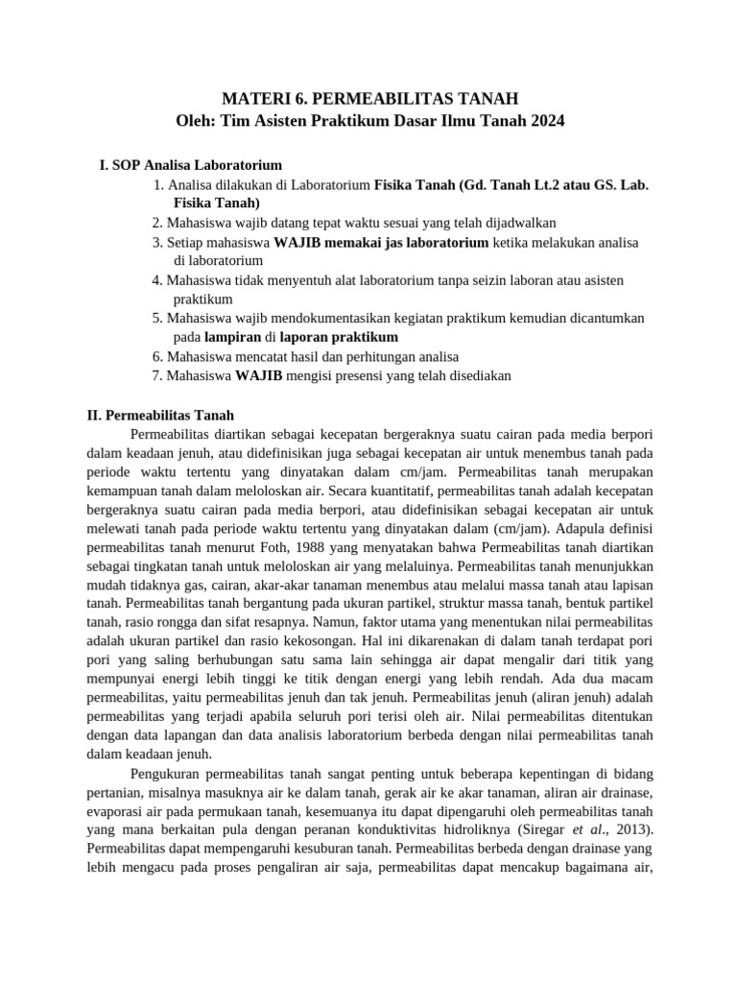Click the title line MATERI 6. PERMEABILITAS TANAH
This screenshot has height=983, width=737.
coord(369,99)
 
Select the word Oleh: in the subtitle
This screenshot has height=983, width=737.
coord(195,122)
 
